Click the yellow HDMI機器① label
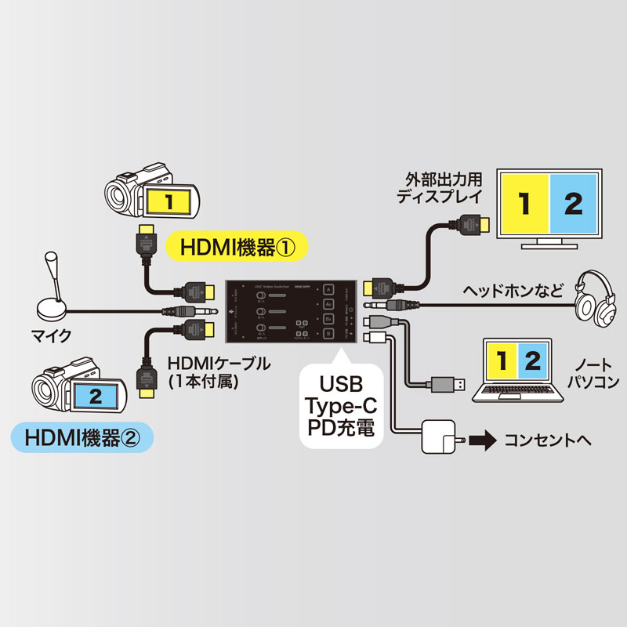(236, 248)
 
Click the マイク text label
(54, 335)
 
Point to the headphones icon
(595, 299)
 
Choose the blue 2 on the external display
(574, 205)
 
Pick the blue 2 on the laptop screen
(532, 362)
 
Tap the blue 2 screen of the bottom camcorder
(94, 395)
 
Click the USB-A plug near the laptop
(451, 385)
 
